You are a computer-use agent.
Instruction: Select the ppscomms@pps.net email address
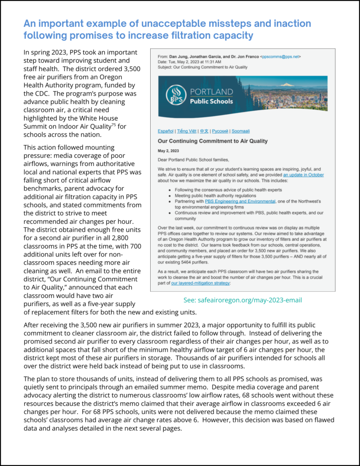(x=280, y=56)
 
